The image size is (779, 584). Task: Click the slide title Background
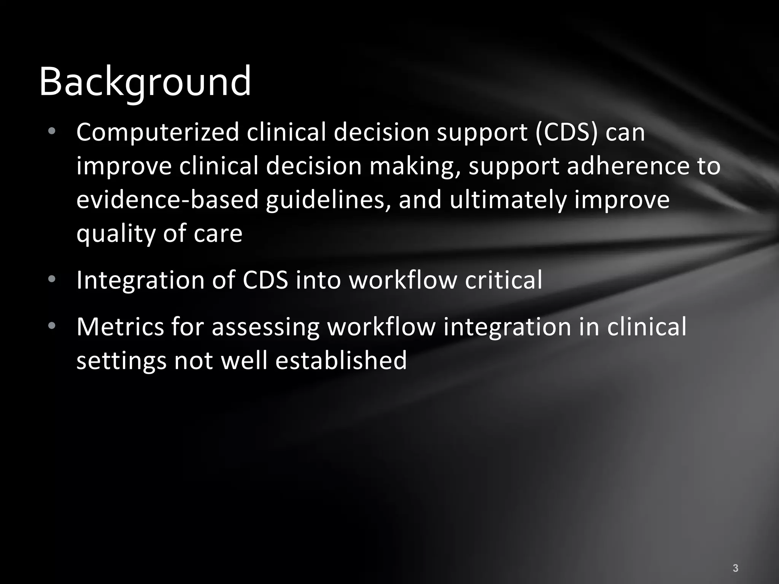[x=145, y=82]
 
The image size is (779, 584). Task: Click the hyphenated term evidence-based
[x=167, y=200]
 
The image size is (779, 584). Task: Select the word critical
[x=503, y=280]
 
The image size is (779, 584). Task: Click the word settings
[x=121, y=361]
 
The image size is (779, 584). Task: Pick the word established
[x=341, y=360]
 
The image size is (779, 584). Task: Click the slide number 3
[x=735, y=568]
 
